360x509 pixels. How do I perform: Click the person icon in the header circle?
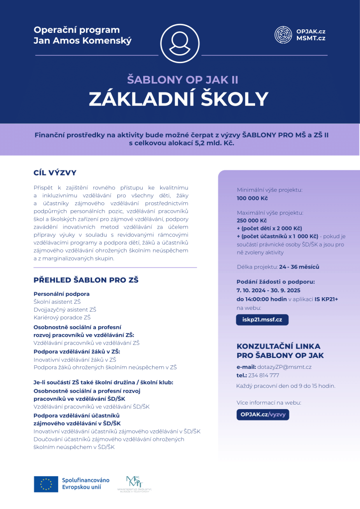180,43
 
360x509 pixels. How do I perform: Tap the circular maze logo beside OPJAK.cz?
283,34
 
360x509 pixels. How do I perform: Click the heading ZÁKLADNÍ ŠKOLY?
179,99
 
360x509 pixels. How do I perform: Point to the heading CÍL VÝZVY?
55,173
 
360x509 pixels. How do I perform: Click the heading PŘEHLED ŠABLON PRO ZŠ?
86,280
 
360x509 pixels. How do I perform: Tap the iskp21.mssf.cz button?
262,320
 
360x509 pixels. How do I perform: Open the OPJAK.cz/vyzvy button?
263,415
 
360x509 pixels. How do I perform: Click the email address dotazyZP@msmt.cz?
284,367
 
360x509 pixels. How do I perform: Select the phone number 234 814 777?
264,375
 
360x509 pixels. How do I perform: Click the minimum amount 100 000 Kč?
252,198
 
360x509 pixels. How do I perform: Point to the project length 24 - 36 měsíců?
292,267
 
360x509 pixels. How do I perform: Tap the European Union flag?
46,484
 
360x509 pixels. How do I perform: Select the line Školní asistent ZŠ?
57,302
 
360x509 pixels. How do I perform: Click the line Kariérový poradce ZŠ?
62,317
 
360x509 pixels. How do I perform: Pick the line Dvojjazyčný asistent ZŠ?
65,309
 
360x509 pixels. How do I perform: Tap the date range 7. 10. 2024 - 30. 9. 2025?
268,290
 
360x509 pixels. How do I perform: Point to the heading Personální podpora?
61,294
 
